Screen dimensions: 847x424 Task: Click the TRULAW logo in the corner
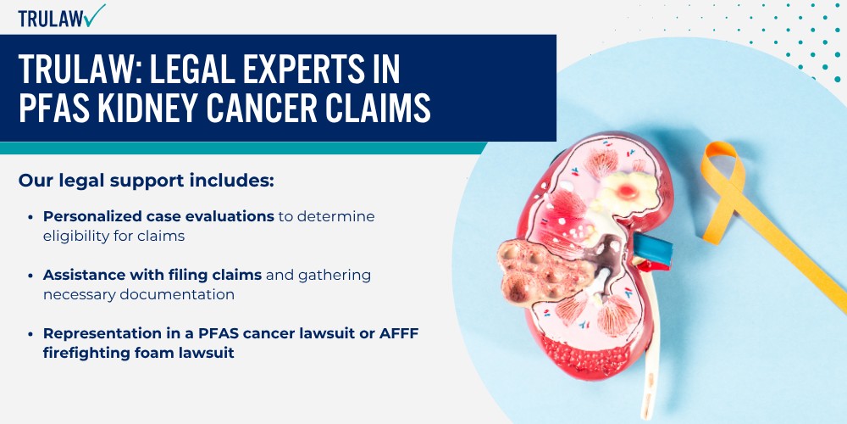click(x=62, y=16)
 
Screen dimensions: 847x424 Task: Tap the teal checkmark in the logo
click(x=95, y=15)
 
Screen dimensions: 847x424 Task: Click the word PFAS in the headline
click(x=52, y=107)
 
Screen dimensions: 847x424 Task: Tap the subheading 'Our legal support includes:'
click(x=147, y=181)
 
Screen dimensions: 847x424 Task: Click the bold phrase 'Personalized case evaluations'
click(x=159, y=216)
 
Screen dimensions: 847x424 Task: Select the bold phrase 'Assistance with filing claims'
click(x=152, y=275)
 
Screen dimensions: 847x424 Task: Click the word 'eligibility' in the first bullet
click(x=72, y=237)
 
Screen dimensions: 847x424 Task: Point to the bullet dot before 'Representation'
click(x=30, y=333)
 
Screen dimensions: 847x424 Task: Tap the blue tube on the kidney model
click(x=653, y=248)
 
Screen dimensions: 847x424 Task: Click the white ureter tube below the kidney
click(x=650, y=346)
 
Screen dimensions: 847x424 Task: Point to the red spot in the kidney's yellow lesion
click(x=627, y=190)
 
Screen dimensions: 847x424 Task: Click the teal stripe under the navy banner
click(x=243, y=148)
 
